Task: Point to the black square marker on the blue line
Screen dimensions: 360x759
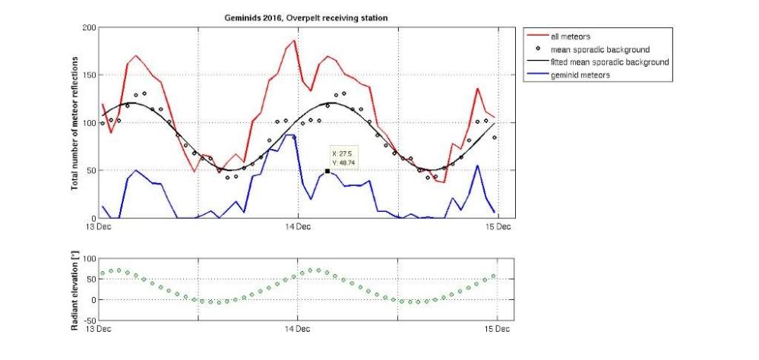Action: click(327, 172)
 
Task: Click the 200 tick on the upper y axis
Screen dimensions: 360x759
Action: click(90, 28)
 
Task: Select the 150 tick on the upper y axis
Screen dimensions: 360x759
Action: click(90, 75)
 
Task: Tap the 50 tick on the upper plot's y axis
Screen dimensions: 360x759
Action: click(93, 171)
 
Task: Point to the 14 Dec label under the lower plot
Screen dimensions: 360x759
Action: click(297, 328)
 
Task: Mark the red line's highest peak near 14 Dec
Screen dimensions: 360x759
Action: click(293, 39)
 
